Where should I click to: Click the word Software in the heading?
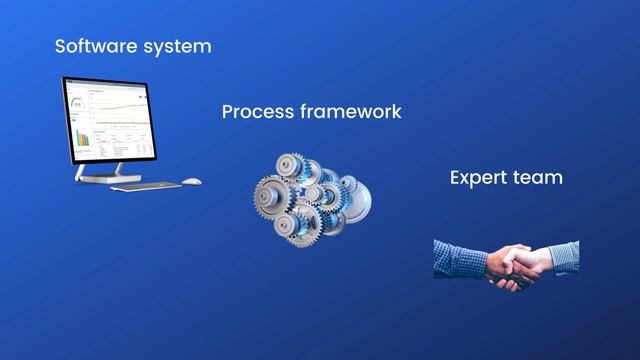click(92, 46)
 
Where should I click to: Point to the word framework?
click(351, 111)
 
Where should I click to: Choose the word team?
click(541, 178)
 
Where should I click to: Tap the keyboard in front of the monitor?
click(146, 185)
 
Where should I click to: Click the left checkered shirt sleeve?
click(459, 259)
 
